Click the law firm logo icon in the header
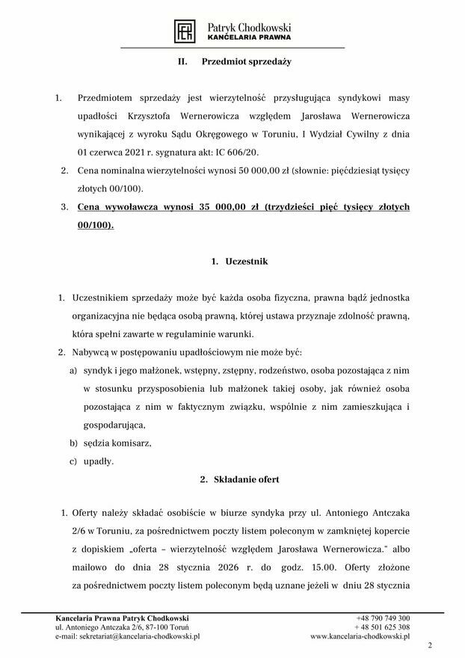(185, 31)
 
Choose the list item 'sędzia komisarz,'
(117, 443)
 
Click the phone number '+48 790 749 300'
(384, 618)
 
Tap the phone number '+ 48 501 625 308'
(382, 627)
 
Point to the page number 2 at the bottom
(430, 645)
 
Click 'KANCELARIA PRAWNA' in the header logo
(248, 37)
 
